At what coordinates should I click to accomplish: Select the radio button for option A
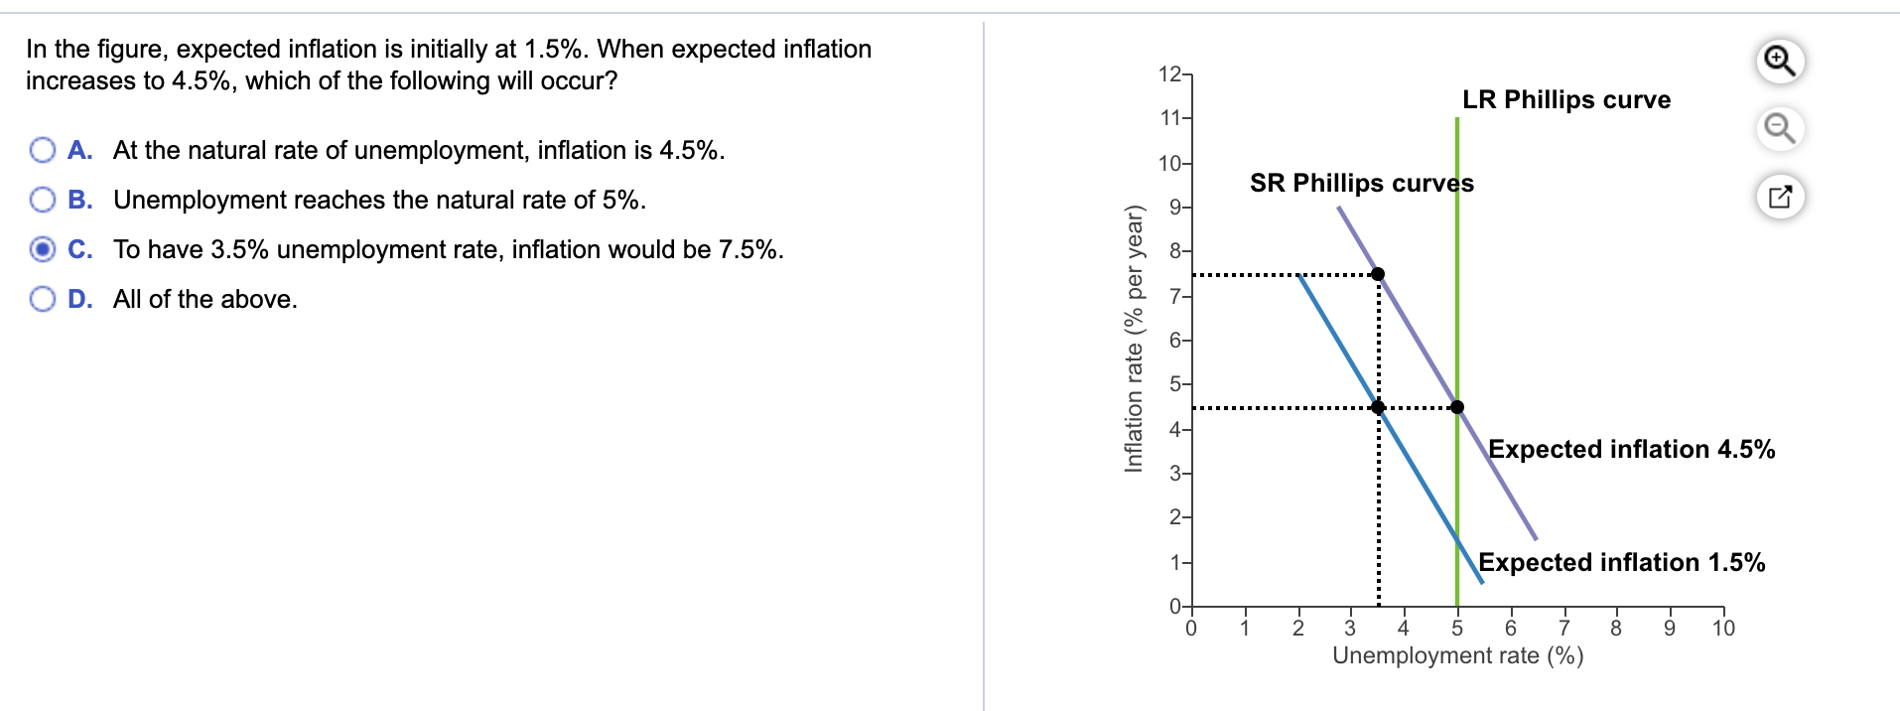(x=43, y=150)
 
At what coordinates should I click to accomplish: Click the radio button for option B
(x=43, y=200)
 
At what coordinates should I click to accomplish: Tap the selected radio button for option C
(x=43, y=249)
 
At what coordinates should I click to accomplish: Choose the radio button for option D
(x=43, y=299)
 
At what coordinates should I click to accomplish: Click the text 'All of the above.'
(x=204, y=299)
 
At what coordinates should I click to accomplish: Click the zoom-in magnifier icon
(x=1780, y=62)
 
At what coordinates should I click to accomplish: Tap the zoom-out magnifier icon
(x=1780, y=129)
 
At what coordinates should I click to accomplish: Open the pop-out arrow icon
(x=1780, y=197)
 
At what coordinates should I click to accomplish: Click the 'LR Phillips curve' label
(x=1565, y=99)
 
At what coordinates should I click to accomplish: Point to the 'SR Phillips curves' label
(x=1361, y=183)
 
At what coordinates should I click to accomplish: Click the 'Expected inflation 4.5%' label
(x=1631, y=449)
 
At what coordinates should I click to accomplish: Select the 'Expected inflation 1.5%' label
(x=1621, y=562)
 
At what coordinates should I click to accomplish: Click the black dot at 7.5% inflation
(x=1378, y=274)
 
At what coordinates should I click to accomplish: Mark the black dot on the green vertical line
(x=1457, y=407)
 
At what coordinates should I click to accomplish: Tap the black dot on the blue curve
(x=1378, y=407)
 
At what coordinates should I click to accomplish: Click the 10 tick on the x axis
(x=1723, y=628)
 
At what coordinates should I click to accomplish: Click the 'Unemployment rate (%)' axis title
(x=1457, y=655)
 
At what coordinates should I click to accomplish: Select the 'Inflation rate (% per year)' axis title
(x=1134, y=339)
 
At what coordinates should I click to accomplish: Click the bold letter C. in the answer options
(x=80, y=249)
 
